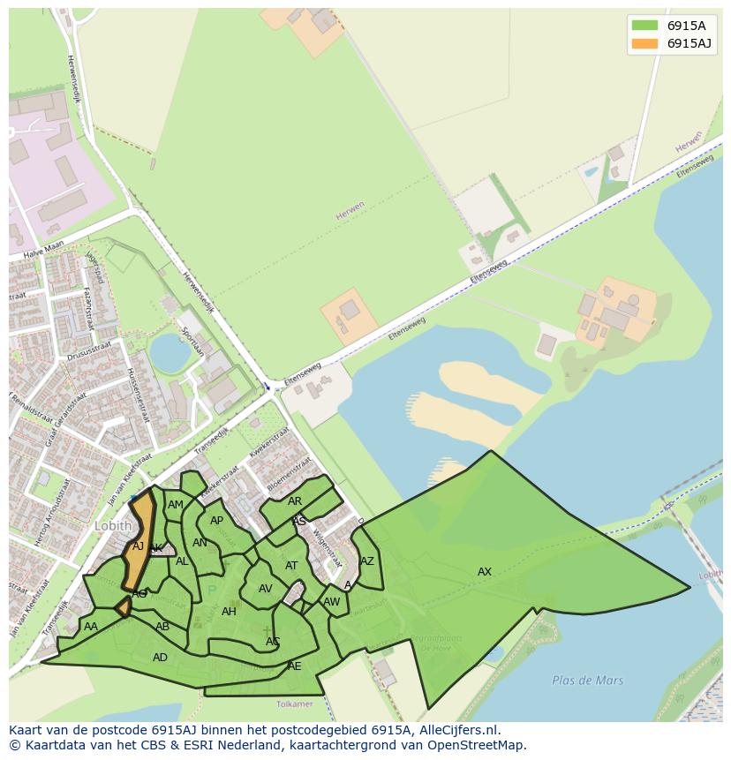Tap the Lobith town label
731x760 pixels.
(112, 525)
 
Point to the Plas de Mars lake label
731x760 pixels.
(587, 681)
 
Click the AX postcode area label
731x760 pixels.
(485, 572)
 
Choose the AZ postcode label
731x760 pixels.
(367, 561)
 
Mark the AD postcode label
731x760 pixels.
(160, 658)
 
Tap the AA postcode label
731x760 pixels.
(91, 627)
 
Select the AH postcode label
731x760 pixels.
(229, 612)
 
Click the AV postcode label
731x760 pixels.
(265, 589)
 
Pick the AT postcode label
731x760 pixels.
(291, 566)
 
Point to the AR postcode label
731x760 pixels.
(295, 501)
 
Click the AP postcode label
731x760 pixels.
(216, 521)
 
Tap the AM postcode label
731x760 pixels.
(176, 505)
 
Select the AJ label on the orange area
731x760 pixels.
(138, 546)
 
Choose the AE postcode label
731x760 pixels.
(295, 666)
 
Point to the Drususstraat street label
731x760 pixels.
(90, 352)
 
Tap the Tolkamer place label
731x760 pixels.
(294, 704)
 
